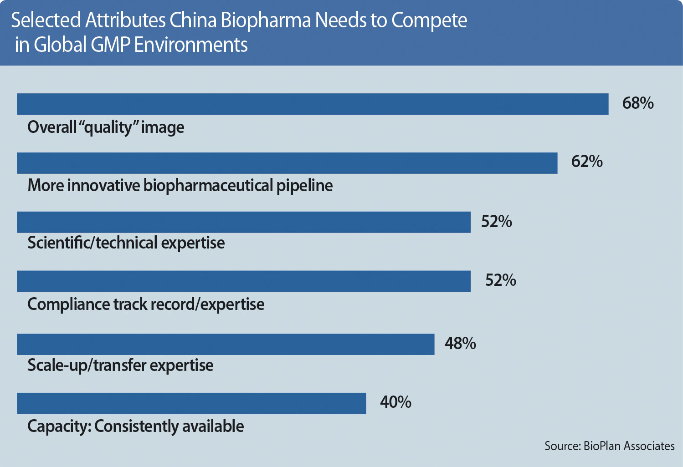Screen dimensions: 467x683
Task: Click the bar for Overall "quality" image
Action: (313, 104)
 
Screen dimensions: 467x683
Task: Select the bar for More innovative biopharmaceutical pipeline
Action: (287, 163)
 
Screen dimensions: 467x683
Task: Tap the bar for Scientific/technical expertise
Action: (244, 222)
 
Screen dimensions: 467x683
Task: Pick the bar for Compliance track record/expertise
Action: (244, 281)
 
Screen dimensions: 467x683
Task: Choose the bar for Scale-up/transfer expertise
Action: (226, 344)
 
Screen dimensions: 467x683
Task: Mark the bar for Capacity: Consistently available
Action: (191, 403)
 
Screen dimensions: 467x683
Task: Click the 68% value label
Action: (638, 103)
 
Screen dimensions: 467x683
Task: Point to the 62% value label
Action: (587, 162)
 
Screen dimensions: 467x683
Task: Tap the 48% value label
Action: (460, 343)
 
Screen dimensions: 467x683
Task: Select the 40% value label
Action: (395, 402)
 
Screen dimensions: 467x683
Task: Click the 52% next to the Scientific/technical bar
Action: (497, 222)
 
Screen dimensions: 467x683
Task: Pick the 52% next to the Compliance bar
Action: (500, 280)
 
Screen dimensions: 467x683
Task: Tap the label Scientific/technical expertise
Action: (126, 243)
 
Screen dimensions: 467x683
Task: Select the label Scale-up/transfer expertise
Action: (120, 365)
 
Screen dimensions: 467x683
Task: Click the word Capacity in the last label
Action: (59, 426)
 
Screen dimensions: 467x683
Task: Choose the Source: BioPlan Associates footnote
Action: (609, 446)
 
